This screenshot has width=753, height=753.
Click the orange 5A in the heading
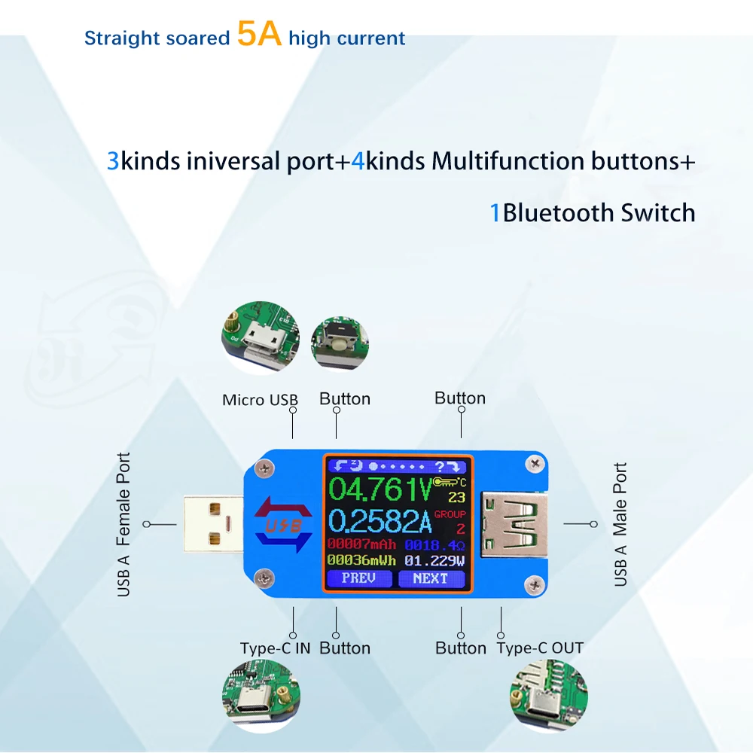point(259,34)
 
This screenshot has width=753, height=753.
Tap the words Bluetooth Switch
point(599,213)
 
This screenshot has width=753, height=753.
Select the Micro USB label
point(260,400)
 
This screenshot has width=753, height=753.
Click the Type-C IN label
point(275,648)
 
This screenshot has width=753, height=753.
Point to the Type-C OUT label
point(540,648)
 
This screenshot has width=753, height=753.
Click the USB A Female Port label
point(123,524)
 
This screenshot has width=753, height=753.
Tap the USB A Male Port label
point(620,524)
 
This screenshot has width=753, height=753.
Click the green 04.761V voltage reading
point(380,489)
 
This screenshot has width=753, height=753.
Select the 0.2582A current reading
point(380,521)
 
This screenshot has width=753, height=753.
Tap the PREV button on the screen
point(358,578)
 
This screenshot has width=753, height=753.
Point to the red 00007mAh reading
point(361,544)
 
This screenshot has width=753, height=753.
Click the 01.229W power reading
point(434,560)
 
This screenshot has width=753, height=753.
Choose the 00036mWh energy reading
point(361,560)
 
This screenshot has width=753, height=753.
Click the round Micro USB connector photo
point(261,337)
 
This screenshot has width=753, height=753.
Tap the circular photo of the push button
point(340,343)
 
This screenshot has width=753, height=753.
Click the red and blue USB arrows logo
point(284,525)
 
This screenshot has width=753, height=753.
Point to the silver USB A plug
point(213,524)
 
